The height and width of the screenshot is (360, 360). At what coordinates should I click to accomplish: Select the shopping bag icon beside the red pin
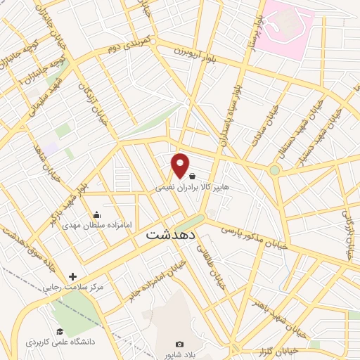tap(192, 176)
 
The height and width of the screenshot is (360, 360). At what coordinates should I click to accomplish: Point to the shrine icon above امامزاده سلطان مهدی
tap(96, 214)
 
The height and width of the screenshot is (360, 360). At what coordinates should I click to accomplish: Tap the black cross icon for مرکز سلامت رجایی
tap(72, 276)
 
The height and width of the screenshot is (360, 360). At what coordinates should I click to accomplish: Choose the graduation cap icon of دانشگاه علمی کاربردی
tap(60, 331)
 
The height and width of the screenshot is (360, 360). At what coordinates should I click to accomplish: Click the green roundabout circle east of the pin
tap(274, 170)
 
